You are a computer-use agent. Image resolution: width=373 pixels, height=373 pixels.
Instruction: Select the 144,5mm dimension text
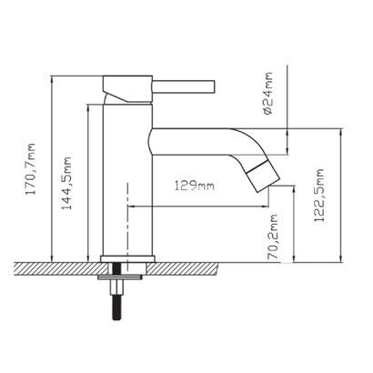tap(66, 183)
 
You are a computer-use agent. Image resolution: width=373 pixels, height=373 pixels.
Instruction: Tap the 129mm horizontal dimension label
tap(195, 186)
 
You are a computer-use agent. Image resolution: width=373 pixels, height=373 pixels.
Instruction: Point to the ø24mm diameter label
tap(268, 93)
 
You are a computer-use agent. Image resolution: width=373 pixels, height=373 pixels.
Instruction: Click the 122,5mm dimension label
tap(319, 196)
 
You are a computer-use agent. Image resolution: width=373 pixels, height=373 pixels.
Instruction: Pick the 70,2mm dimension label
tap(273, 237)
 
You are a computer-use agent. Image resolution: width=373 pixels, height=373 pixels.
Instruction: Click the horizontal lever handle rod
tap(183, 86)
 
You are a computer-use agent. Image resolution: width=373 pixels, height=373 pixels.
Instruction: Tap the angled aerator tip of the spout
tap(263, 176)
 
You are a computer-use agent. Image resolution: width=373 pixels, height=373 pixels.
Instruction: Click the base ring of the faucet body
tap(127, 259)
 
